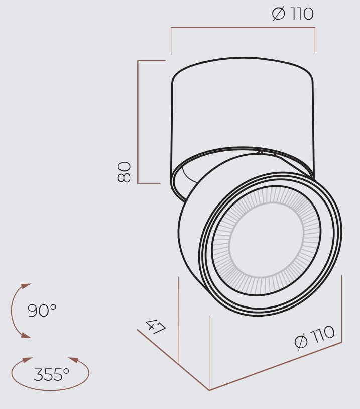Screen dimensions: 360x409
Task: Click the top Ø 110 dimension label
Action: [293, 14]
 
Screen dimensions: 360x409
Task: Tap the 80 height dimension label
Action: [124, 172]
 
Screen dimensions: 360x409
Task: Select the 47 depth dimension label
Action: [156, 327]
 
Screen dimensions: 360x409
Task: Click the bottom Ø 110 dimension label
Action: [314, 337]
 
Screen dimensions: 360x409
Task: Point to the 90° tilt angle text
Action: [42, 310]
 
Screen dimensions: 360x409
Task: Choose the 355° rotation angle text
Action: [51, 374]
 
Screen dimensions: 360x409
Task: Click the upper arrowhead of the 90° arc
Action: [26, 286]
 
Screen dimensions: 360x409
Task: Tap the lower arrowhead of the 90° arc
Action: [26, 335]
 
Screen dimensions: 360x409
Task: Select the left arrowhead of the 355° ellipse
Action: [27, 360]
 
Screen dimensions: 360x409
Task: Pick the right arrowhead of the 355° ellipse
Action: [74, 360]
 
